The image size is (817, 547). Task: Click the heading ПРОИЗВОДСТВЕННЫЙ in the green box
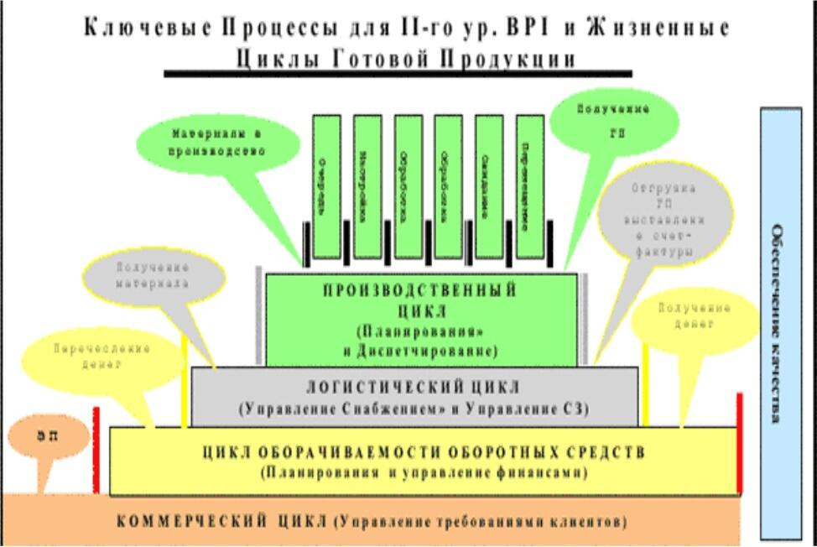click(419, 290)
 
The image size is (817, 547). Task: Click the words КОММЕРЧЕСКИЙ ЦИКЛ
click(222, 521)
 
